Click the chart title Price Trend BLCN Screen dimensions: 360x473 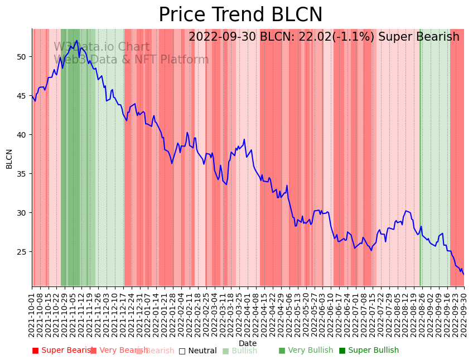point(240,15)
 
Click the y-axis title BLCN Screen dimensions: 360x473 point(9,159)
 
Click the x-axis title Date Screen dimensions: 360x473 point(248,344)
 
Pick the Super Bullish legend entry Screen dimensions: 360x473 point(369,351)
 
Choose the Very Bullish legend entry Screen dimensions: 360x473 point(306,351)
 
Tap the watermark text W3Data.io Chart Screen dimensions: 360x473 point(102,47)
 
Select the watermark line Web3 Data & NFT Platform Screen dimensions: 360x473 point(131,60)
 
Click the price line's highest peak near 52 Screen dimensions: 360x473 point(77,41)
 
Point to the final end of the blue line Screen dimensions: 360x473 point(464,274)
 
